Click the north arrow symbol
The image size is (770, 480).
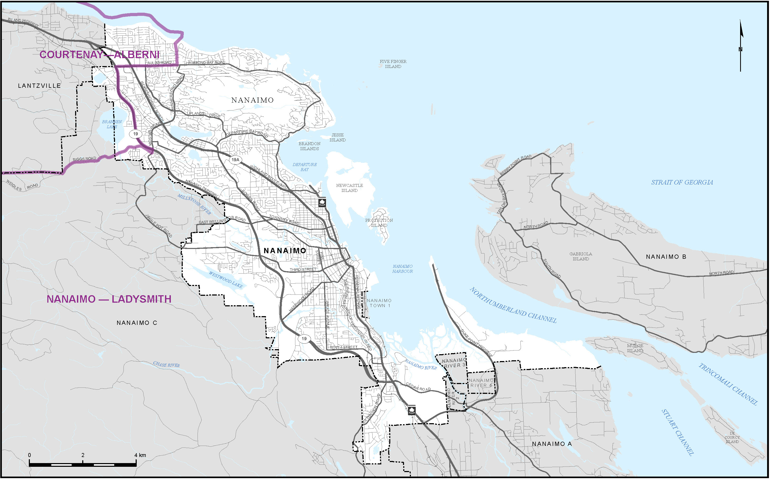[741, 44]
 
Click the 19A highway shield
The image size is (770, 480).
[235, 160]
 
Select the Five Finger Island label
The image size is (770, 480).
[393, 64]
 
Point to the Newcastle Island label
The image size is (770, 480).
[349, 188]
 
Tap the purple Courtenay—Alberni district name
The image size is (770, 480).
[99, 55]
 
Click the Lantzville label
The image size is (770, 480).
[39, 86]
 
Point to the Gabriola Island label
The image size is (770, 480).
[581, 256]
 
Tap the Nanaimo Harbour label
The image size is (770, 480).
[403, 269]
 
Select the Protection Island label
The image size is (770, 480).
[379, 223]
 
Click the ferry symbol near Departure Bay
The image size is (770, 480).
[322, 202]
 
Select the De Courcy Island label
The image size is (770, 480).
[732, 437]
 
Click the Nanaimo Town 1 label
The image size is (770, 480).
[379, 303]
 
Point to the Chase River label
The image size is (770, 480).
[166, 365]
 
